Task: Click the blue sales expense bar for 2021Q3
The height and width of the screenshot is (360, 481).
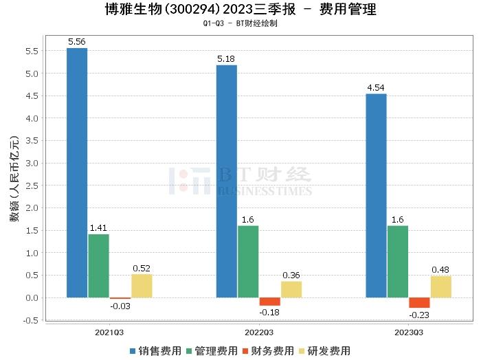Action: point(77,172)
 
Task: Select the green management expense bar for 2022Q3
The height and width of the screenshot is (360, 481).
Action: point(248,262)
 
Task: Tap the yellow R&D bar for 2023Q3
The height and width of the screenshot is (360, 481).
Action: point(440,286)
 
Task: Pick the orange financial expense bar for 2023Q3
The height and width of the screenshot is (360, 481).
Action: point(419,303)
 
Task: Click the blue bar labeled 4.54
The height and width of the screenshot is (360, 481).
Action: point(376,196)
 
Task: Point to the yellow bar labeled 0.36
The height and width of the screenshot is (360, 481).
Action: point(291,289)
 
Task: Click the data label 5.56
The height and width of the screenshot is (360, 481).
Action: point(77,42)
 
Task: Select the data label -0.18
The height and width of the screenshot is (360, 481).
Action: point(270,312)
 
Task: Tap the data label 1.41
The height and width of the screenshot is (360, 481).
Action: point(98,228)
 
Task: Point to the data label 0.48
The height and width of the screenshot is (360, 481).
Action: point(440,270)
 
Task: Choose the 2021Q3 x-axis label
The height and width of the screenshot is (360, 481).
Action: point(109,332)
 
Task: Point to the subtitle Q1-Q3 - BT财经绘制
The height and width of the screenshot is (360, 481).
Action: point(240,23)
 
